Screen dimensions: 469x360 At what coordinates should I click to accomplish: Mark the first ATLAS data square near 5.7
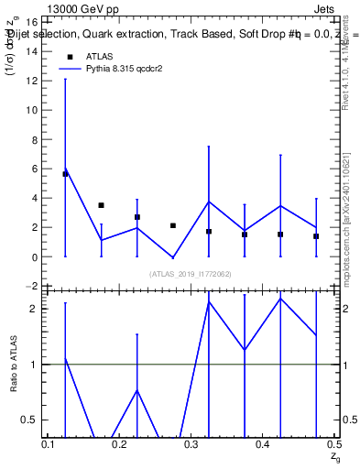[x=65, y=173]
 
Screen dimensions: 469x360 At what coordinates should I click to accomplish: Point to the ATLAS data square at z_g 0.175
[x=101, y=205]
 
